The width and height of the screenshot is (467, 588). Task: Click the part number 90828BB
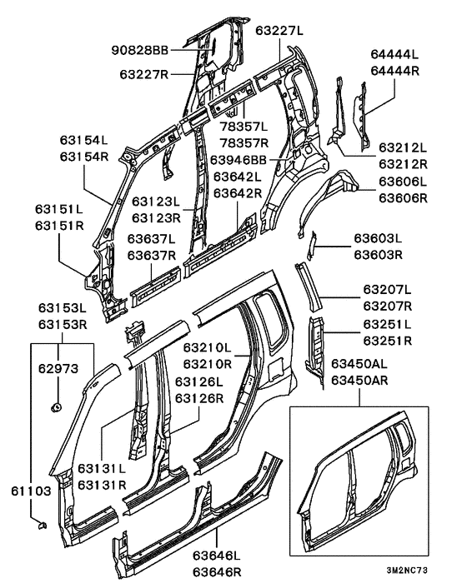click(x=140, y=50)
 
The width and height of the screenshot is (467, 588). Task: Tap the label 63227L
click(x=279, y=30)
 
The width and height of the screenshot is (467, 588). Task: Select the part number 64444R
click(x=394, y=71)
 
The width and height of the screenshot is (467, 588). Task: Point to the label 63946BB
click(x=238, y=160)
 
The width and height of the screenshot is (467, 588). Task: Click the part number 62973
click(x=58, y=369)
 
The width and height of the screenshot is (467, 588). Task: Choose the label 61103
click(x=31, y=491)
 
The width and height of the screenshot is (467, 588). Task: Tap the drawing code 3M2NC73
click(x=407, y=571)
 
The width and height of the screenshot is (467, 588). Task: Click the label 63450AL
click(x=359, y=363)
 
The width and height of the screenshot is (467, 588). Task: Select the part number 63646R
click(x=217, y=572)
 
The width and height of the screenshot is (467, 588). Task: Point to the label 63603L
click(x=378, y=238)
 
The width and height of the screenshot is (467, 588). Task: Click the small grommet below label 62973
click(x=57, y=407)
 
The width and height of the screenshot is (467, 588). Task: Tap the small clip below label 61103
click(x=42, y=526)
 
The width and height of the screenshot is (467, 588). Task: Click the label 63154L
click(x=83, y=140)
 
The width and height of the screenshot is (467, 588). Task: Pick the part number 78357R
click(x=244, y=143)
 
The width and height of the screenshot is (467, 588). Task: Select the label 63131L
click(x=102, y=468)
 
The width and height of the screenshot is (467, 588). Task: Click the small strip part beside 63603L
click(x=311, y=246)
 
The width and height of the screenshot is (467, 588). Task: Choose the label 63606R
click(x=403, y=197)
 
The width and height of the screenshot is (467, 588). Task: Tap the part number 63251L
click(x=387, y=324)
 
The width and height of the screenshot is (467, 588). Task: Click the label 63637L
click(x=151, y=239)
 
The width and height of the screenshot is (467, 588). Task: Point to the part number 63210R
click(x=208, y=364)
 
